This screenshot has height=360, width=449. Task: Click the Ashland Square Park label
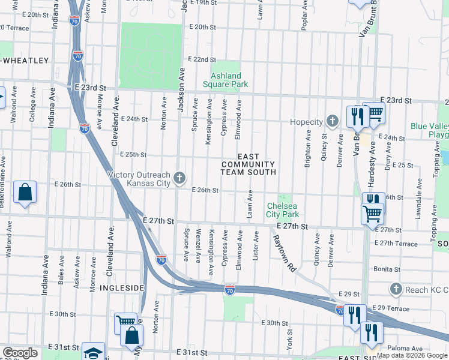(226, 80)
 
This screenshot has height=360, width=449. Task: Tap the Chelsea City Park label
(282, 210)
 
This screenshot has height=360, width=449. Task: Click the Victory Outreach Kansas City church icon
(179, 178)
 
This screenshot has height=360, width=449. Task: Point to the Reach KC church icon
(395, 290)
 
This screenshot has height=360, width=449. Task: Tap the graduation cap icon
(93, 352)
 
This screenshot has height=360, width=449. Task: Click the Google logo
(20, 353)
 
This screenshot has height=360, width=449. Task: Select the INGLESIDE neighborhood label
(122, 288)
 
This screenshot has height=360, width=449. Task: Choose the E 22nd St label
(201, 59)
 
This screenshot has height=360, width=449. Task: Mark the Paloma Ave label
(405, 348)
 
